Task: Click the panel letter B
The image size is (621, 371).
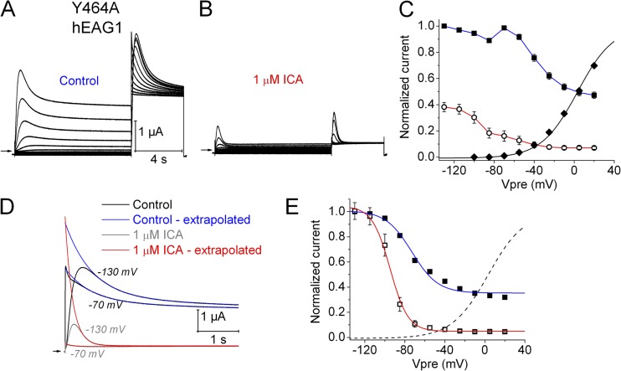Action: (x=215, y=11)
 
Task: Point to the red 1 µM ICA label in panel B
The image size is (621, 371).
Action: (x=285, y=82)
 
